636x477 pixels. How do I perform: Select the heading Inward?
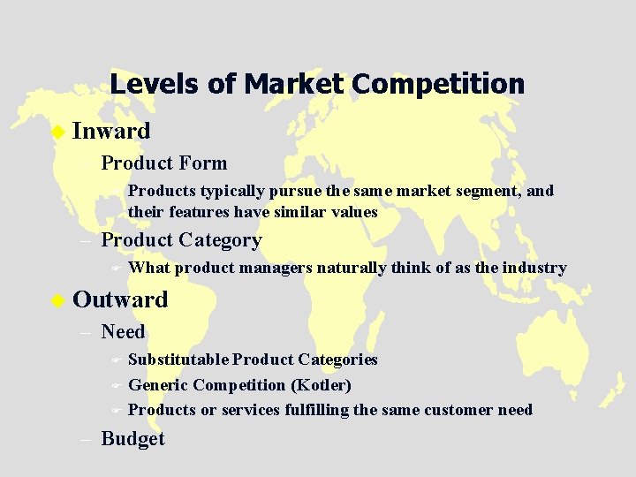[111, 131]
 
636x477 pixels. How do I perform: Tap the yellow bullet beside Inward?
[58, 132]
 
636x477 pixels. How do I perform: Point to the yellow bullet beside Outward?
[58, 300]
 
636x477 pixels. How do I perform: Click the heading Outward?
[120, 299]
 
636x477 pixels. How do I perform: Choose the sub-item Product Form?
[164, 163]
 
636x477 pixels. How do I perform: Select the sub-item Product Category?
[181, 239]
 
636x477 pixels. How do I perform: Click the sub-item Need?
[123, 331]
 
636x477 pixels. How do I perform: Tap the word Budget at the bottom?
[132, 439]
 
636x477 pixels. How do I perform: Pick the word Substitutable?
[178, 360]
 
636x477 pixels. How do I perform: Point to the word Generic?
[158, 385]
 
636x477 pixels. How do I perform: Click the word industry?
[534, 268]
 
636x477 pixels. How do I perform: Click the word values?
[353, 212]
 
